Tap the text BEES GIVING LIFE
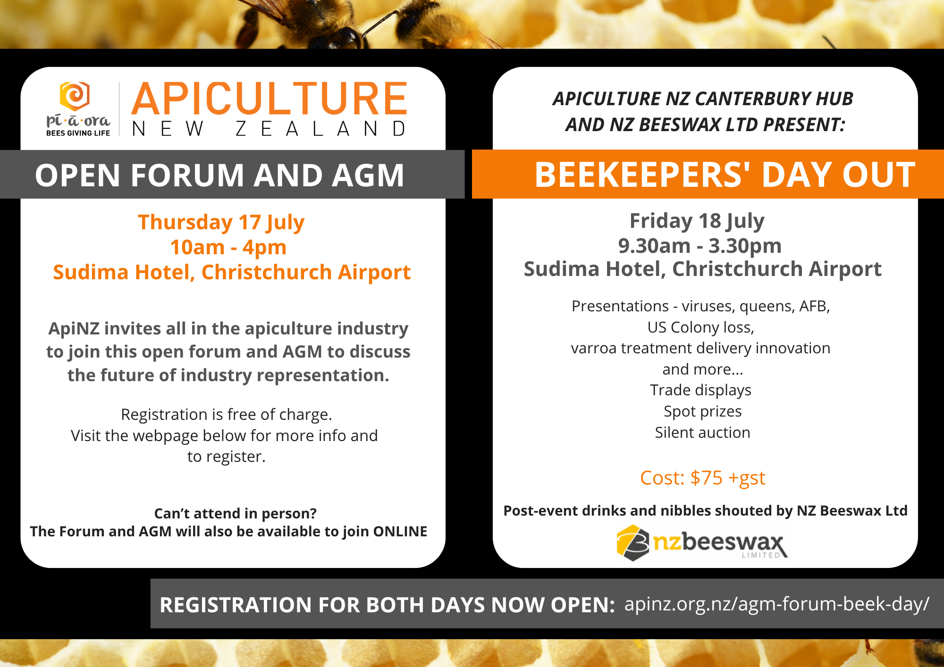[x=78, y=133]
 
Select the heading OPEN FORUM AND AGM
[x=219, y=175]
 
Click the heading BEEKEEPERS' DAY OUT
[x=725, y=175]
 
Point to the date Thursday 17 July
[x=221, y=223]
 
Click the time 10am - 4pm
[x=228, y=247]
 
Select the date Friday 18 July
[x=697, y=221]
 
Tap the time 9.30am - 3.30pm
[x=700, y=246]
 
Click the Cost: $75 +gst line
[x=702, y=478]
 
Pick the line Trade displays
[x=700, y=390]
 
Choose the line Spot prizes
[x=703, y=411]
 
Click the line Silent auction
[x=702, y=433]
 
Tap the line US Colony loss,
[x=701, y=327]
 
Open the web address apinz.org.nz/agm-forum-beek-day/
[x=777, y=604]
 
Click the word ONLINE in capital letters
[x=400, y=532]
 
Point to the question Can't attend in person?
[x=236, y=513]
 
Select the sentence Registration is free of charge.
[x=227, y=415]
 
